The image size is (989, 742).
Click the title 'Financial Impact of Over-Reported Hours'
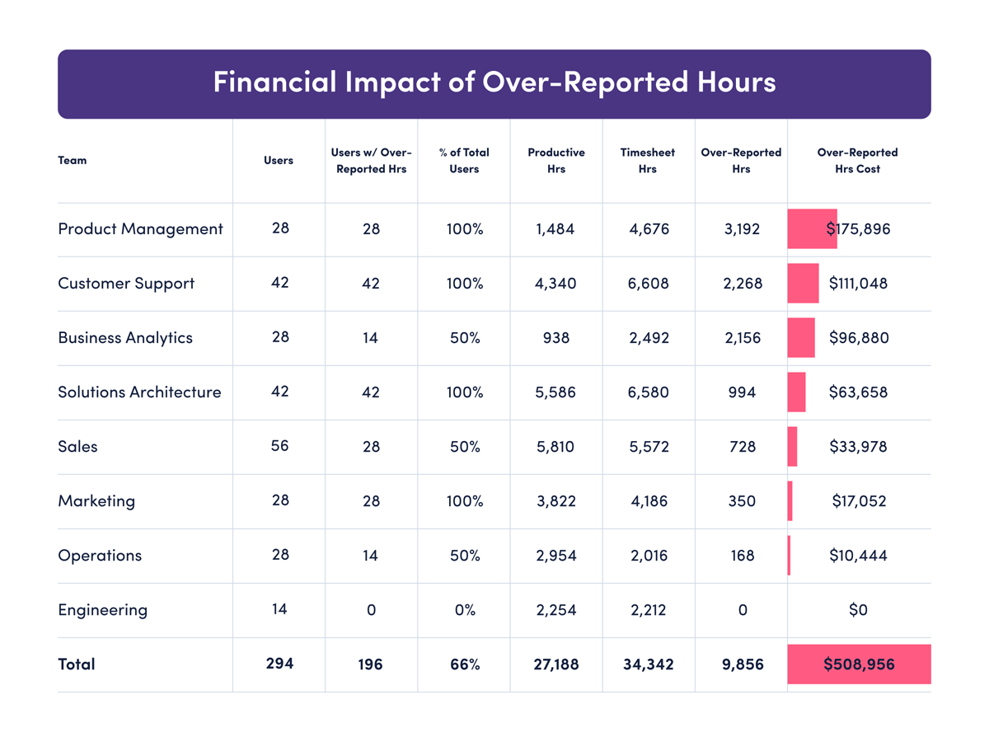pyautogui.click(x=494, y=83)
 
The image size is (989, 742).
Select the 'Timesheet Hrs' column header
pyautogui.click(x=648, y=161)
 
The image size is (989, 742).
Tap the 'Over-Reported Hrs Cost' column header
pyautogui.click(x=857, y=161)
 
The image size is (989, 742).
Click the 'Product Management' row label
pyautogui.click(x=140, y=229)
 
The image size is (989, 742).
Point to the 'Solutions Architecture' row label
pyautogui.click(x=139, y=392)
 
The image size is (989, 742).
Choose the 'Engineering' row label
pyautogui.click(x=103, y=610)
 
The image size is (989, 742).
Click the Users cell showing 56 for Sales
pyautogui.click(x=279, y=446)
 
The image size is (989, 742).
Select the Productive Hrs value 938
pyautogui.click(x=555, y=338)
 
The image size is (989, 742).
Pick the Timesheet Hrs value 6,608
pyautogui.click(x=649, y=284)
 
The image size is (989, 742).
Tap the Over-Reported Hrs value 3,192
pyautogui.click(x=742, y=229)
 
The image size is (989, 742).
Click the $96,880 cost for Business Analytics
pyautogui.click(x=859, y=338)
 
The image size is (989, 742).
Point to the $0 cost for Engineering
pyautogui.click(x=858, y=610)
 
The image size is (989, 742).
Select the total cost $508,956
pyautogui.click(x=859, y=665)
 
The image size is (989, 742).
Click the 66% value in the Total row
pyautogui.click(x=464, y=665)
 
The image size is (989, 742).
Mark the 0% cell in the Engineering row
pyautogui.click(x=464, y=610)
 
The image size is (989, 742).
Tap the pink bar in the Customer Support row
pyautogui.click(x=804, y=284)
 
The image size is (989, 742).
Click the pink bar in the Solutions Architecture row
pyautogui.click(x=796, y=392)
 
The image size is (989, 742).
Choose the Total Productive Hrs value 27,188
pyautogui.click(x=555, y=665)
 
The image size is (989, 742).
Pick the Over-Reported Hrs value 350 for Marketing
pyautogui.click(x=742, y=501)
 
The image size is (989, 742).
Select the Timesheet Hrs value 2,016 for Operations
pyautogui.click(x=649, y=556)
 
